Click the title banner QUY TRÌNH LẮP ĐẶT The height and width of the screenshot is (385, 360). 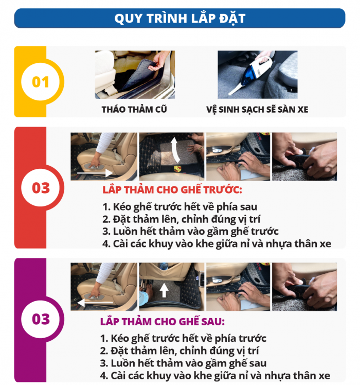pos(179,19)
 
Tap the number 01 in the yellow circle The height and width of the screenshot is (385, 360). pos(41,82)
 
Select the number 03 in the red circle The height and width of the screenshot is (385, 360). pos(41,187)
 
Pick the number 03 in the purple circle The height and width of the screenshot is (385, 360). pos(41,319)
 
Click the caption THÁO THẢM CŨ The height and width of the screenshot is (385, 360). pos(134,109)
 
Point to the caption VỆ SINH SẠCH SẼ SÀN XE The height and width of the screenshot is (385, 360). pos(257,109)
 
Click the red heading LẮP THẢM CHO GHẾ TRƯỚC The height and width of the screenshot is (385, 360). pos(172,189)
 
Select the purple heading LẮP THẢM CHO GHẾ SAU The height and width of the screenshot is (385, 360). pos(162,322)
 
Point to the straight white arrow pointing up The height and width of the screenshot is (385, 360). pos(164,291)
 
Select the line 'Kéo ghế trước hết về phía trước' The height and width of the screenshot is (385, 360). pos(183,339)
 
